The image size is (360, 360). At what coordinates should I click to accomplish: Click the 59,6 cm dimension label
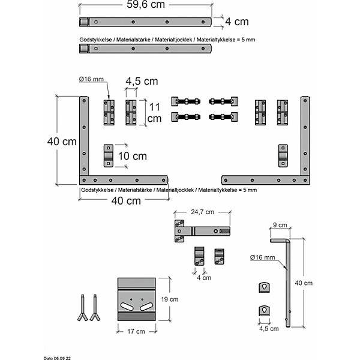[146, 5]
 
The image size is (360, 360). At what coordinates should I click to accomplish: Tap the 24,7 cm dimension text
[203, 212]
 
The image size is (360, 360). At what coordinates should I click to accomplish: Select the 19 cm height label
[170, 299]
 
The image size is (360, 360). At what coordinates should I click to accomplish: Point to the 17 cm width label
[136, 331]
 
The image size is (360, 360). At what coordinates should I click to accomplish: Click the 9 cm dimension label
[280, 225]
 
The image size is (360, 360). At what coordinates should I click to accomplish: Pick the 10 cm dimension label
[133, 156]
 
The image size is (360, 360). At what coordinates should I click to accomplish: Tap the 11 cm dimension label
[155, 113]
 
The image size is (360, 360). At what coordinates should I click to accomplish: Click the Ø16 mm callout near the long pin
[262, 257]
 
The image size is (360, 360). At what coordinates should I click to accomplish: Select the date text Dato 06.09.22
[57, 358]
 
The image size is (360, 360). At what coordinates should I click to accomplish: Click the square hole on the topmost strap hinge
[96, 22]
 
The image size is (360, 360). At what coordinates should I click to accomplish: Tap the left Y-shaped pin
[83, 308]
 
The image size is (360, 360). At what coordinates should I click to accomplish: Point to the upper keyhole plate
[264, 287]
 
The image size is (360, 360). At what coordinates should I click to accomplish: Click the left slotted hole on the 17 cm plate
[127, 307]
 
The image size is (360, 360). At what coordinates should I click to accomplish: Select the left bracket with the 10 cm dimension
[109, 155]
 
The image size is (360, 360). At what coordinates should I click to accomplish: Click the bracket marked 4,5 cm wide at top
[131, 113]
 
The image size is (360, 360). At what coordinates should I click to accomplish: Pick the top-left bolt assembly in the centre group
[186, 101]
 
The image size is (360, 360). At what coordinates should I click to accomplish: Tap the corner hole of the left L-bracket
[84, 180]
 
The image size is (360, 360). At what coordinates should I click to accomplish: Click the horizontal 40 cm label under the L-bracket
[126, 201]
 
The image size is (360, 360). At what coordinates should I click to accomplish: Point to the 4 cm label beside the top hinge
[237, 22]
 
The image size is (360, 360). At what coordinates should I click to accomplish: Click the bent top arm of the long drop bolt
[280, 241]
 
